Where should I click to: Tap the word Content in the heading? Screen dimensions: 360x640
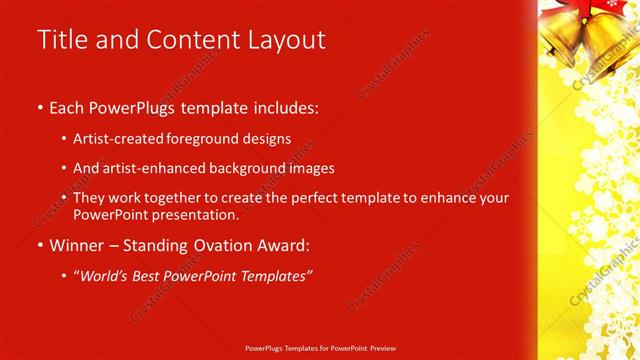189,40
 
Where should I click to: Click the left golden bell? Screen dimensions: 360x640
564,36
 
